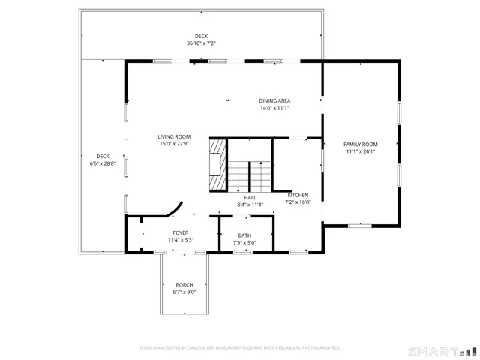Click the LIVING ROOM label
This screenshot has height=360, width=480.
click(x=174, y=136)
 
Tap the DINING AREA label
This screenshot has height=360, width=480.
click(x=274, y=100)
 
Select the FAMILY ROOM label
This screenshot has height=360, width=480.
click(x=360, y=144)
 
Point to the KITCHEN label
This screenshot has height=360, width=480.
click(x=298, y=195)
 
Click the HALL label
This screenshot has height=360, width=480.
click(x=250, y=197)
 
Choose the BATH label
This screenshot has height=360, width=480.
click(x=245, y=235)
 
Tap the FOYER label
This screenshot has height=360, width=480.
click(x=181, y=232)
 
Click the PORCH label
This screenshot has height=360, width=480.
click(x=184, y=285)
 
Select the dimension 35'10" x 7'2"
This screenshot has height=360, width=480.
click(x=201, y=43)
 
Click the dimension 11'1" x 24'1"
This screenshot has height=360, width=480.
click(x=360, y=151)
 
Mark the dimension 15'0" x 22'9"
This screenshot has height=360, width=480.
click(x=174, y=144)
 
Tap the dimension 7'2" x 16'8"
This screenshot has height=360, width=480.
click(x=298, y=202)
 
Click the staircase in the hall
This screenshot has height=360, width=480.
click(x=249, y=175)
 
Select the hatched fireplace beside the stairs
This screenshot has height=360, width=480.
click(x=217, y=165)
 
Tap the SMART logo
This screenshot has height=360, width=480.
click(x=441, y=351)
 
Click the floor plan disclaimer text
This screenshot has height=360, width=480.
click(x=240, y=348)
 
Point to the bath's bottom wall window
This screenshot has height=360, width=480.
click(x=242, y=252)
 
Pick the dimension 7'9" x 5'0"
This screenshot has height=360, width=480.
click(x=245, y=242)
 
